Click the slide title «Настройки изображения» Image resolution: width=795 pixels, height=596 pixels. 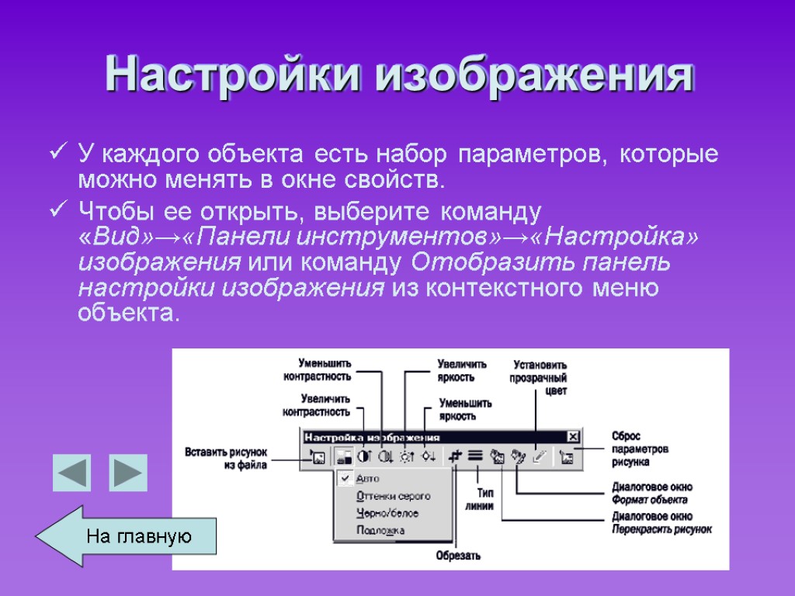[398, 75]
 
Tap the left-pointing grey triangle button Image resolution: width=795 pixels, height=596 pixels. [71, 473]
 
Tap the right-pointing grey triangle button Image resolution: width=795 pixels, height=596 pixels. [127, 473]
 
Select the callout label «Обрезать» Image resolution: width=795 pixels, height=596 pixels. [458, 555]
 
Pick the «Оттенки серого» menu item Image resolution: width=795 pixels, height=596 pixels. [393, 496]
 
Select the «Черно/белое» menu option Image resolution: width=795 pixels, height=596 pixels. [387, 513]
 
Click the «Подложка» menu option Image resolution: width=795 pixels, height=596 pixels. [380, 531]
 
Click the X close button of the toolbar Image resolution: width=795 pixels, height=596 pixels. [573, 437]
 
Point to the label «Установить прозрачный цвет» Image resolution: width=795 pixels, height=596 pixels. [538, 377]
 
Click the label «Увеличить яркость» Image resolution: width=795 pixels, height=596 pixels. [462, 370]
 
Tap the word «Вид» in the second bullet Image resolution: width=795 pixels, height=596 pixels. [111, 237]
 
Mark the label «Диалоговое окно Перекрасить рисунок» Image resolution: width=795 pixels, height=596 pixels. [661, 522]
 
